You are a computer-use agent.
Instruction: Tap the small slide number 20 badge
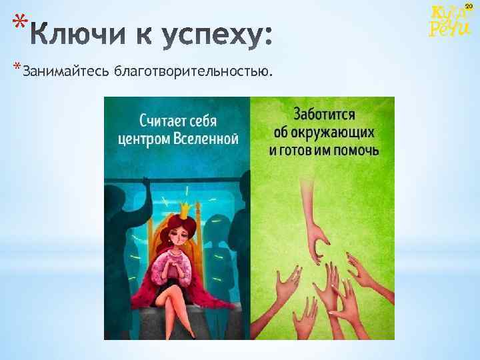tap(469, 6)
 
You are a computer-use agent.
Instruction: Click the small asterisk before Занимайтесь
tap(17, 67)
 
